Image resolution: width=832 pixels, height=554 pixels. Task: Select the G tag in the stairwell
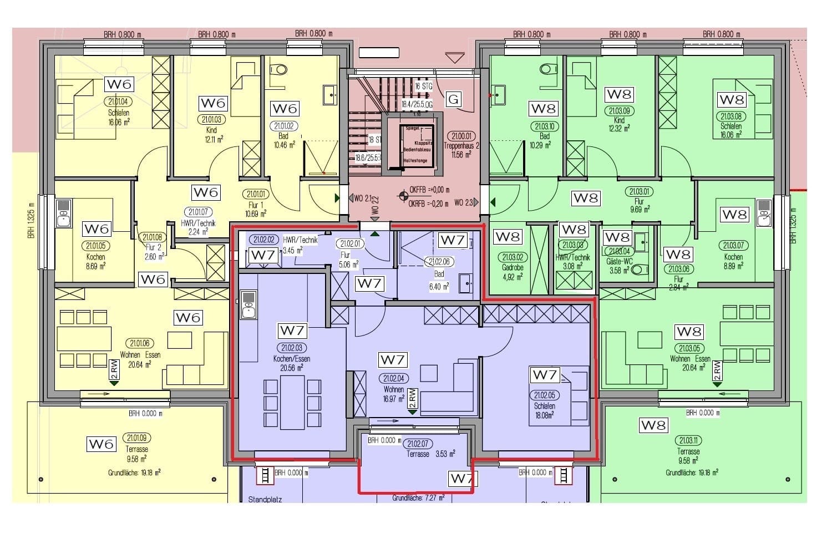click(454, 99)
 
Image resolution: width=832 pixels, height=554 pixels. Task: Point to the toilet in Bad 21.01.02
click(280, 70)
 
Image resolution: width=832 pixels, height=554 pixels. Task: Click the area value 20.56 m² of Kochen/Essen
click(291, 368)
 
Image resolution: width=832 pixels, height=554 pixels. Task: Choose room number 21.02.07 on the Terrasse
click(417, 444)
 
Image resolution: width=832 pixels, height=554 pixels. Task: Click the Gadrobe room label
click(512, 267)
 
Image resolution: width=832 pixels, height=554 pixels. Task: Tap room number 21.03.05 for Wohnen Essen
click(689, 348)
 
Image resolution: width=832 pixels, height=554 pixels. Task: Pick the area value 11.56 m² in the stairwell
click(458, 155)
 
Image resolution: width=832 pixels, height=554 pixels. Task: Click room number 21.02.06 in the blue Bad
click(439, 262)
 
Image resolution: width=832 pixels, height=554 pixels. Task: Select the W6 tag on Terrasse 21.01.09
click(101, 444)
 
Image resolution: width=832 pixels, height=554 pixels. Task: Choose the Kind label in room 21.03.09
click(619, 120)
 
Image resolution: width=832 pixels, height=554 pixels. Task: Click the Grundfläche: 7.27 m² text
click(418, 498)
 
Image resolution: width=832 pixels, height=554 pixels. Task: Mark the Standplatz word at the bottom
click(265, 499)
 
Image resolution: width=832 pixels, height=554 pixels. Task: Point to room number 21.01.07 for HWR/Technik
click(197, 212)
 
